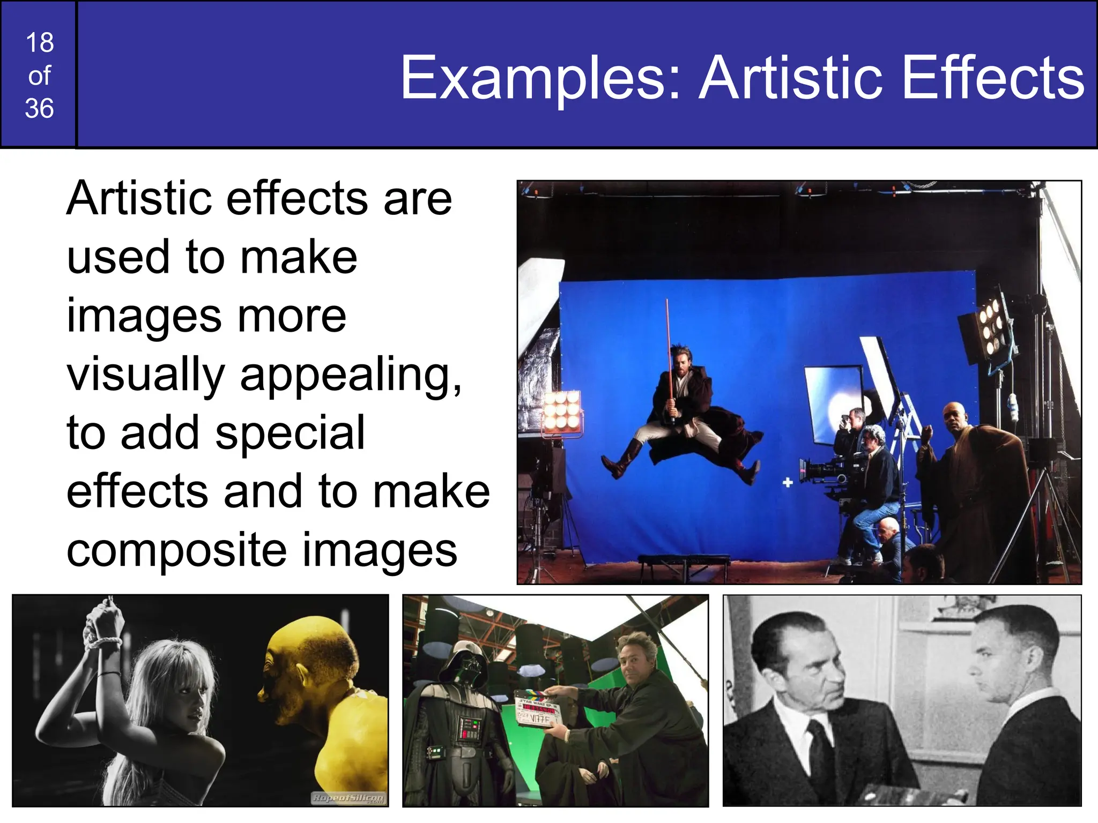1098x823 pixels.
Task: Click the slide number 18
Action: pyautogui.click(x=40, y=43)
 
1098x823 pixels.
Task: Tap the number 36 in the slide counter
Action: pyautogui.click(x=40, y=109)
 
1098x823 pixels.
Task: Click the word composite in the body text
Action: pyautogui.click(x=177, y=551)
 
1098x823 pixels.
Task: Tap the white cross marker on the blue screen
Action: pyautogui.click(x=788, y=483)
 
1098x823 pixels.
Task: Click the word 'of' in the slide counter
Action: pyautogui.click(x=40, y=76)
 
